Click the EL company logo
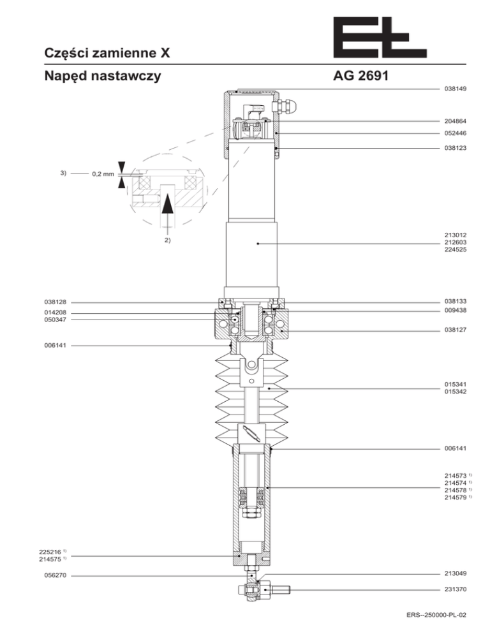tap(380, 37)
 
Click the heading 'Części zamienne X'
tap(107, 53)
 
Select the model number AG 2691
tap(360, 76)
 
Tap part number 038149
tap(455, 89)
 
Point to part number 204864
tap(455, 121)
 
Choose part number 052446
tap(455, 133)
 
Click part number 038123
tap(455, 148)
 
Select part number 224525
tap(455, 249)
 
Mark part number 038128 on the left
tap(55, 302)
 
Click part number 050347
tap(55, 320)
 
